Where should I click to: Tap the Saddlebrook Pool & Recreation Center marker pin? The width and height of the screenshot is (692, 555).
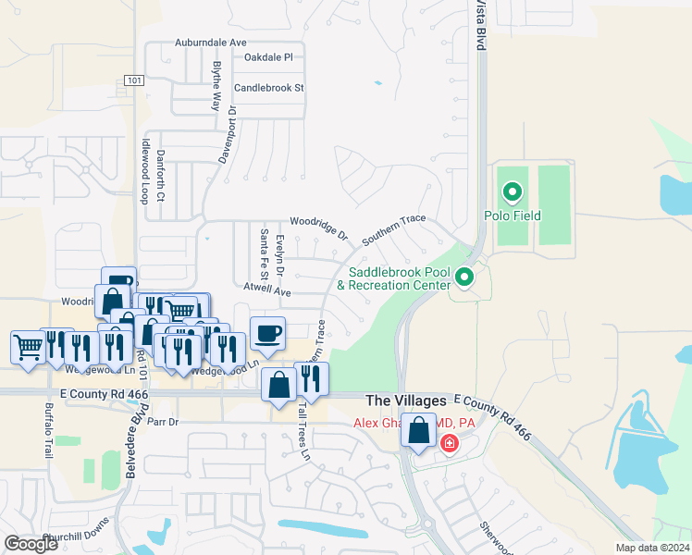466,277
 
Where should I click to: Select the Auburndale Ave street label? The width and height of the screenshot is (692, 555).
212,43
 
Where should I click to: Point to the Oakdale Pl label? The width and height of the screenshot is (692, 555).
268,57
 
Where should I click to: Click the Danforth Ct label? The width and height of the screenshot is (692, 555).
161,177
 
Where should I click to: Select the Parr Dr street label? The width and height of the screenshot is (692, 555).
162,421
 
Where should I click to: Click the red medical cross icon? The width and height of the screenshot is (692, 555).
451,444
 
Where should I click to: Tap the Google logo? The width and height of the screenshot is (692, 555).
31,544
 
